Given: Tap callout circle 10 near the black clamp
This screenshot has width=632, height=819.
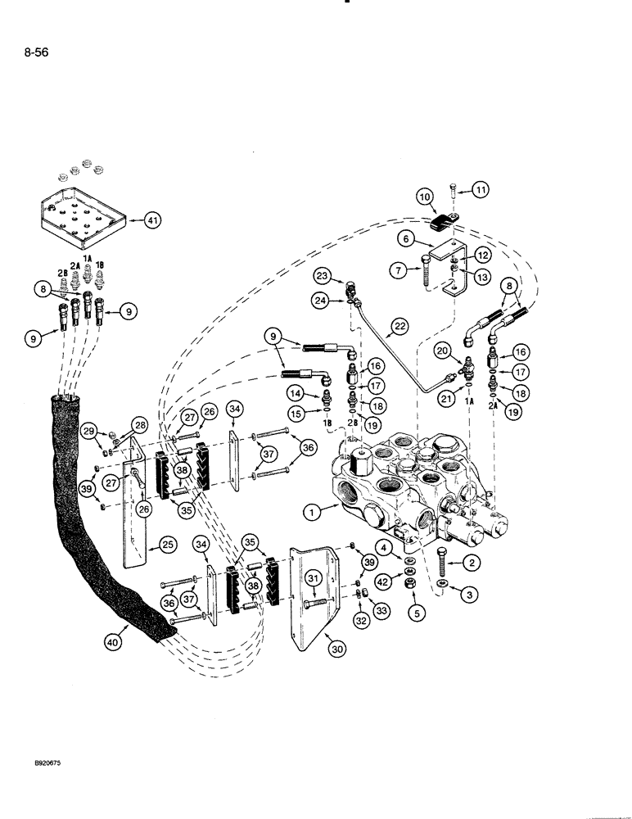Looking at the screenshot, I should [426, 197].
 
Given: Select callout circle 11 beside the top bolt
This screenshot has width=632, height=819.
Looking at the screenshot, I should [481, 190].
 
